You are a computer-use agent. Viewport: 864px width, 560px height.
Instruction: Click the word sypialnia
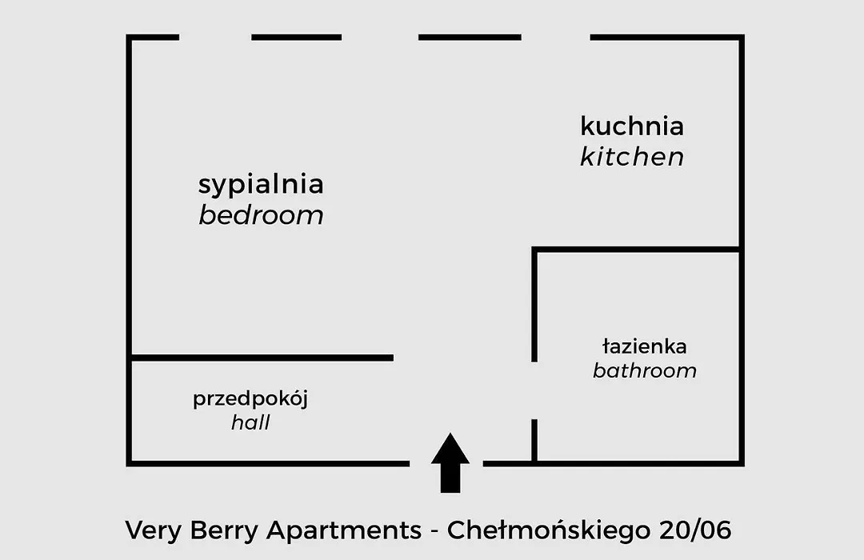pyautogui.click(x=261, y=185)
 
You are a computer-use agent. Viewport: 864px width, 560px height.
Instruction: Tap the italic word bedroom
pyautogui.click(x=261, y=215)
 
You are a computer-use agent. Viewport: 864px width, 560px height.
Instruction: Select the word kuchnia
pyautogui.click(x=632, y=126)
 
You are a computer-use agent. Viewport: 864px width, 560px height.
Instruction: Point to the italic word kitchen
pyautogui.click(x=632, y=157)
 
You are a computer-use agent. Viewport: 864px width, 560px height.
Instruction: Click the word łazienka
pyautogui.click(x=645, y=346)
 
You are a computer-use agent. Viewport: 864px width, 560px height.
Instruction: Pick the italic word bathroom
pyautogui.click(x=645, y=370)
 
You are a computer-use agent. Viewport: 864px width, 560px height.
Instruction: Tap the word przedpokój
pyautogui.click(x=250, y=399)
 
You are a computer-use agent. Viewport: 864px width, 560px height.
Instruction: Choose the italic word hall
pyautogui.click(x=250, y=422)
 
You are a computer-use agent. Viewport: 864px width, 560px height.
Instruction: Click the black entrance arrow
pyautogui.click(x=450, y=462)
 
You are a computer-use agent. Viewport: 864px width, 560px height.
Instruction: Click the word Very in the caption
pyautogui.click(x=153, y=530)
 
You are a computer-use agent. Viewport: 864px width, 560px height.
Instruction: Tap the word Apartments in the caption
pyautogui.click(x=344, y=530)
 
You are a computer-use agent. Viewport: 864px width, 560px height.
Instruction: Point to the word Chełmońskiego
pyautogui.click(x=549, y=531)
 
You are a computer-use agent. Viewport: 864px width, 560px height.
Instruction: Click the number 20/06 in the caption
pyautogui.click(x=695, y=530)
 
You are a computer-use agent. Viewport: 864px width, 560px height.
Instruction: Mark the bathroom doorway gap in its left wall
pyautogui.click(x=534, y=390)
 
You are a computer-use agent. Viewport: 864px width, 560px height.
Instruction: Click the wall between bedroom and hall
pyautogui.click(x=262, y=358)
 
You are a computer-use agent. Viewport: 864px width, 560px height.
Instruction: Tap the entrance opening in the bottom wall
pyautogui.click(x=446, y=463)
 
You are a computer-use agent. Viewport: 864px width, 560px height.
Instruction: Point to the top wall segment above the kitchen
pyautogui.click(x=667, y=38)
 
